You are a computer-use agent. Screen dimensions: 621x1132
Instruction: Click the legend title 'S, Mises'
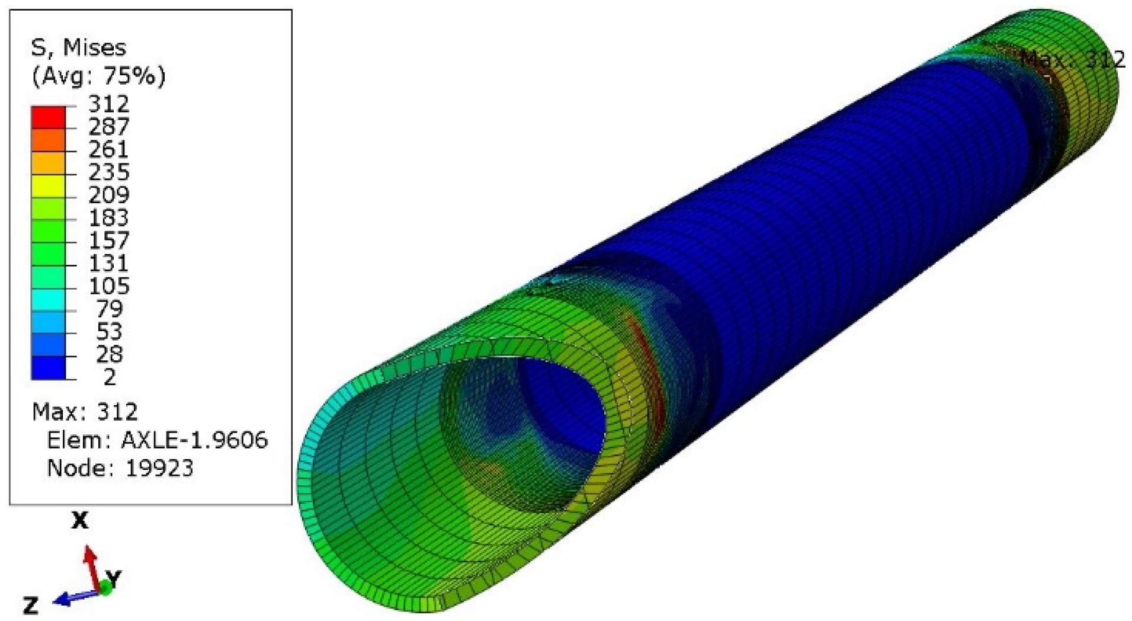pos(78,47)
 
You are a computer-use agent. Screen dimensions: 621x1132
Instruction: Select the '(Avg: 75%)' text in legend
pos(98,76)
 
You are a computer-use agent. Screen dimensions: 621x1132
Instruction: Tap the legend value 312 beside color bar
pos(108,104)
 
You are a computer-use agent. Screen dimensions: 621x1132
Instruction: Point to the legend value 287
pos(108,127)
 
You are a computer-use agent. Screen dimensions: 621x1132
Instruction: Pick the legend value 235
pos(108,172)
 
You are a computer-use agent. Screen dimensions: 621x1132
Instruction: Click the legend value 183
pos(108,218)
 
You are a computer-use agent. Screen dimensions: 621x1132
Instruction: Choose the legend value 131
pos(108,263)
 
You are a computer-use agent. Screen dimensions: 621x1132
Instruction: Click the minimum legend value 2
pos(110,377)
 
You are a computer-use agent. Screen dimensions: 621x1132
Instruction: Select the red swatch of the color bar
pos(48,117)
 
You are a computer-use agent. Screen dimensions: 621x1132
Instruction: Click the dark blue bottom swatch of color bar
pos(48,367)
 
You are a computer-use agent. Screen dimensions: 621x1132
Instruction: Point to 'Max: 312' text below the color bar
pos(85,412)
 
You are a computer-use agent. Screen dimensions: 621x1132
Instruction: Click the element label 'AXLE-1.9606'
pos(194,440)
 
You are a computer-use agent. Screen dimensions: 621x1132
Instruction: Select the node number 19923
pos(159,468)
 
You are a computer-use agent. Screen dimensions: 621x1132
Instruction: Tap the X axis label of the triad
pos(80,521)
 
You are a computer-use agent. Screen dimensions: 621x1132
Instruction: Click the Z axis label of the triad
pos(31,606)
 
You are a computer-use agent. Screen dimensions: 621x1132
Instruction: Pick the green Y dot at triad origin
pos(105,588)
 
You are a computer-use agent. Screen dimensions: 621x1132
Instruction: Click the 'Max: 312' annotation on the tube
pos(1072,59)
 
